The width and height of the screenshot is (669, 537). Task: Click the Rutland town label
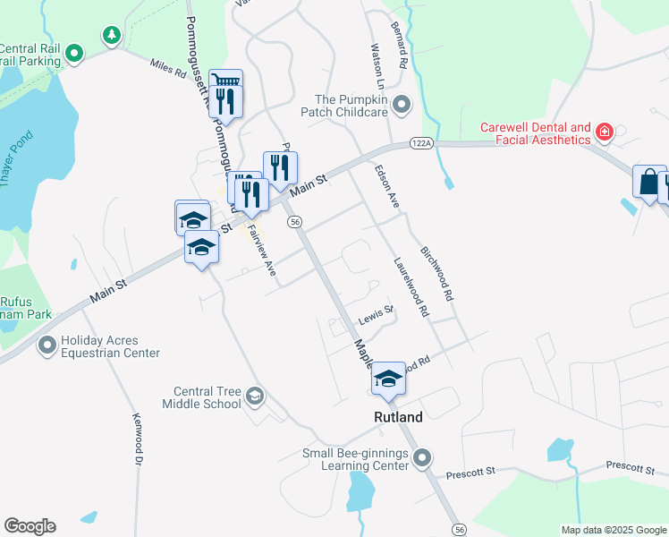click(x=398, y=418)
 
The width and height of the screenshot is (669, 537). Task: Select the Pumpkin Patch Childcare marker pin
click(x=402, y=105)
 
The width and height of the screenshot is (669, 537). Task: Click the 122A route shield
click(x=423, y=143)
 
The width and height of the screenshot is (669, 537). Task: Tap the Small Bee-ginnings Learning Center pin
click(x=423, y=458)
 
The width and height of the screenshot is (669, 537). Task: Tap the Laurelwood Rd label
click(x=411, y=287)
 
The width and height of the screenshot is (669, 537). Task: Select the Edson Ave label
click(x=386, y=187)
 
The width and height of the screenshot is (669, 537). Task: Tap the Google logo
click(x=30, y=526)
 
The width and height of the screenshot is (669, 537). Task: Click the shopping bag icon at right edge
click(x=648, y=182)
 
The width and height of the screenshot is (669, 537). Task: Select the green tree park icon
click(x=111, y=36)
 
